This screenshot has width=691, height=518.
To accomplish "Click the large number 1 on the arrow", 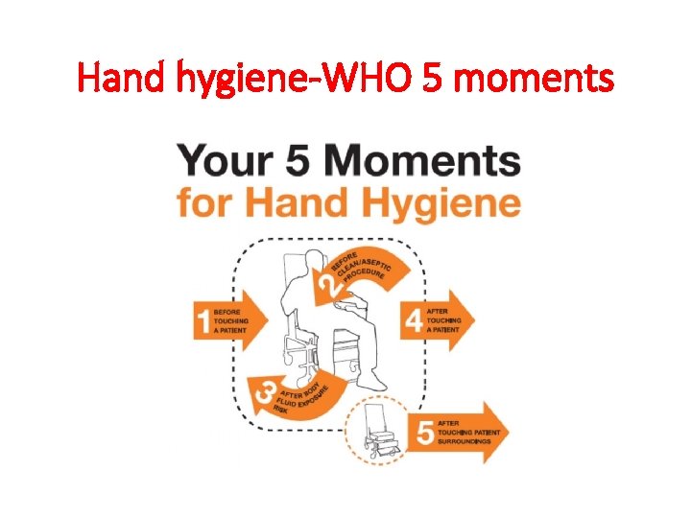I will click(203, 319).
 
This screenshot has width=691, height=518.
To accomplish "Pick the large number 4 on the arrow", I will click(414, 319).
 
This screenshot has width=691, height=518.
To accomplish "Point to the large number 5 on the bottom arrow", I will click(423, 434).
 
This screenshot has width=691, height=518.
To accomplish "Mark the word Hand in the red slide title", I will click(113, 78).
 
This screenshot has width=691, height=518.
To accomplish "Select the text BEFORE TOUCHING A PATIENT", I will click(233, 318).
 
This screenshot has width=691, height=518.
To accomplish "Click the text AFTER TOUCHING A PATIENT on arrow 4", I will click(444, 318).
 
